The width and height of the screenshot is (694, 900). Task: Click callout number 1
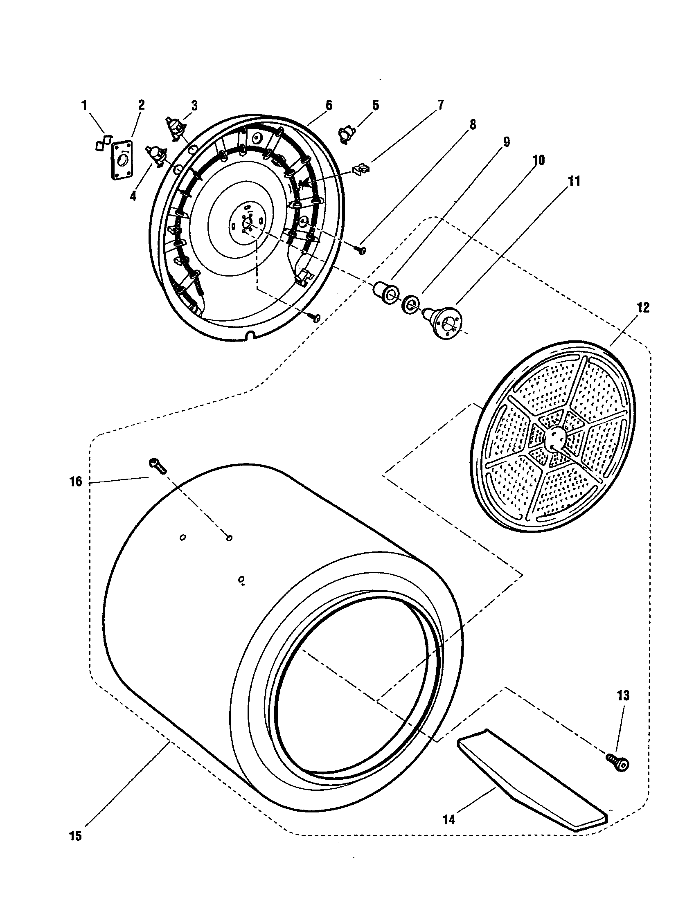pyautogui.click(x=84, y=106)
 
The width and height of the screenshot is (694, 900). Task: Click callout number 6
pyautogui.click(x=329, y=105)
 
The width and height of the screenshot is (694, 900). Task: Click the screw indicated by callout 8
pyautogui.click(x=361, y=249)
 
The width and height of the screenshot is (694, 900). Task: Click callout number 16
pyautogui.click(x=76, y=482)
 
